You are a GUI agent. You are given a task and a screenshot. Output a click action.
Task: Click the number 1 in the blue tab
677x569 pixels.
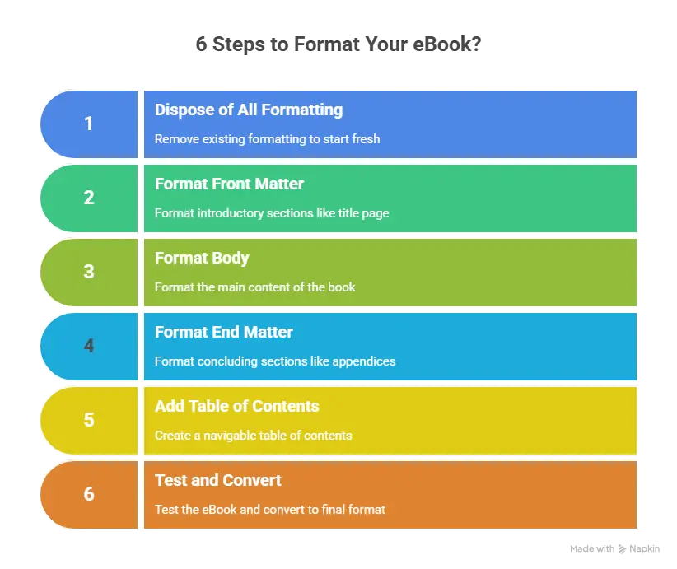(89, 124)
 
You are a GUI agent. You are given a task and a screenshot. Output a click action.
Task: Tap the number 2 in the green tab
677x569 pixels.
(89, 198)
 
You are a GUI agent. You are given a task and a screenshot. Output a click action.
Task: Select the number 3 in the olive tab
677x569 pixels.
(89, 272)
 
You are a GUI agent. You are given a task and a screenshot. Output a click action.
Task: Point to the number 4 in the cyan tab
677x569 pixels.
(89, 346)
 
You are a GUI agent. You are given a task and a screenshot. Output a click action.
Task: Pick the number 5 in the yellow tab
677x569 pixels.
(89, 420)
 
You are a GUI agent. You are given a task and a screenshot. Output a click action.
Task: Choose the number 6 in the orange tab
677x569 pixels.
(89, 494)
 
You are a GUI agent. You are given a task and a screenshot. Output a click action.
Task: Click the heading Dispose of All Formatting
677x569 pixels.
(249, 110)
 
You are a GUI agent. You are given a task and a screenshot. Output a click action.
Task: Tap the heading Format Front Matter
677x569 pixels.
(229, 184)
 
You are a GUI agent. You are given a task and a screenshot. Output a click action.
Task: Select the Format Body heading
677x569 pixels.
(202, 258)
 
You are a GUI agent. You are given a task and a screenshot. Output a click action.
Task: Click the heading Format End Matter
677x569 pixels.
(224, 332)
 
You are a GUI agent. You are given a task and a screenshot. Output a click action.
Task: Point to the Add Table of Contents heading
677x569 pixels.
(236, 406)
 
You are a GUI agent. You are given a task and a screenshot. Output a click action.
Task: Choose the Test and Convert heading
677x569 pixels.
(218, 480)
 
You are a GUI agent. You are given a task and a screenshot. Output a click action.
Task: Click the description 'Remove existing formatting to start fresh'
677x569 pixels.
(267, 139)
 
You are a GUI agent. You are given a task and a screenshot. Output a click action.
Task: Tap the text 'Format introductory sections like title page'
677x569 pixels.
(272, 213)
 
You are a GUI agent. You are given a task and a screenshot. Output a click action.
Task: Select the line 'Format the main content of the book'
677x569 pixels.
(255, 287)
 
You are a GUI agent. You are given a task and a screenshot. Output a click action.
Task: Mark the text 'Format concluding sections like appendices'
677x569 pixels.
(275, 361)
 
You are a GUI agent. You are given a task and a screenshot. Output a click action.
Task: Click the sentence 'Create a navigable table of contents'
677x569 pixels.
(253, 435)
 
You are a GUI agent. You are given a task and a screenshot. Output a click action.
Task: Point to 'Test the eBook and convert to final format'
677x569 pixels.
(270, 509)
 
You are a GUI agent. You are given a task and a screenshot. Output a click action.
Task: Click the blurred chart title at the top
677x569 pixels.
(338, 44)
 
